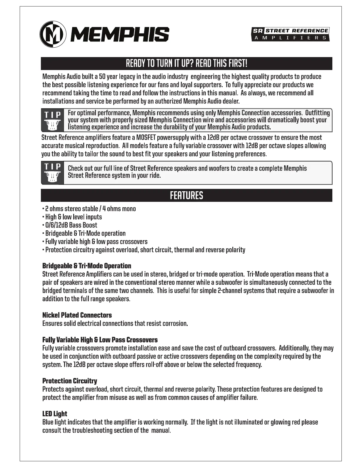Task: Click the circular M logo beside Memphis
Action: click(53, 34)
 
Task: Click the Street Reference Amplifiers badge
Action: click(290, 34)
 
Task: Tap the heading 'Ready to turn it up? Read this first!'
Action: click(186, 63)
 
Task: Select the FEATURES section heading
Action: click(186, 195)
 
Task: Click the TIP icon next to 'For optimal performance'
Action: click(53, 120)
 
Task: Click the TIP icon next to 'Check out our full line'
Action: click(53, 173)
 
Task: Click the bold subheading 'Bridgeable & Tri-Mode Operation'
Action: click(87, 266)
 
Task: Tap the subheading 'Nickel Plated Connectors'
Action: click(77, 315)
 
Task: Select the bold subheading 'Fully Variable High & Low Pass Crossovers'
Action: click(100, 340)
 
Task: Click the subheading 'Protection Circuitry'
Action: click(70, 381)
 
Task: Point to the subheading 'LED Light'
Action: click(55, 414)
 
